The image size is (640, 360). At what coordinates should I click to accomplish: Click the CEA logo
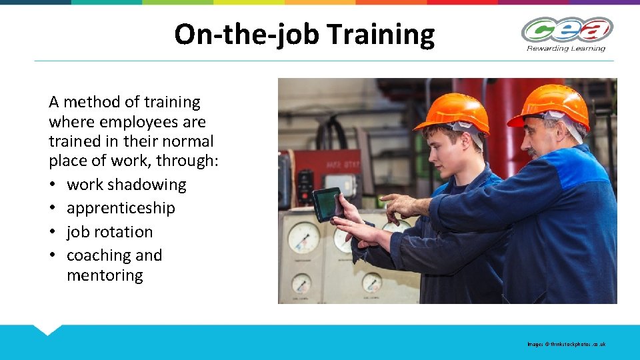[x=567, y=30]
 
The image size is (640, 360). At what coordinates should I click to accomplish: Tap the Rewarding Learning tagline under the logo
[x=566, y=48]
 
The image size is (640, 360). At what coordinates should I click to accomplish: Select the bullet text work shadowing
[x=126, y=185]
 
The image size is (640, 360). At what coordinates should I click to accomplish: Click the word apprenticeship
[x=121, y=208]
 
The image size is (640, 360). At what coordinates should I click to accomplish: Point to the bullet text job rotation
[x=109, y=232]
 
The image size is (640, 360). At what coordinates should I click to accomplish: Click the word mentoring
[x=105, y=275]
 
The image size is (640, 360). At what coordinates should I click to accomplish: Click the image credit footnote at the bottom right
[x=566, y=344]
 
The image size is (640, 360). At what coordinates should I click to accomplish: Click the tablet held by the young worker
[x=327, y=203]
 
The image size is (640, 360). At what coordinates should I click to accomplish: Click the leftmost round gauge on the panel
[x=303, y=237]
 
